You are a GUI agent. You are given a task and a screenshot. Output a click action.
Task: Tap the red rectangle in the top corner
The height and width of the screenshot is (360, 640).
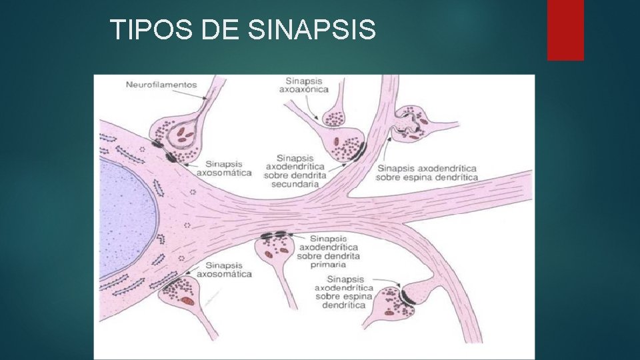[565, 29]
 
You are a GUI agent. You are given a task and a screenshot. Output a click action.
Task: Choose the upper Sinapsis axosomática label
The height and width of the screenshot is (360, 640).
[228, 168]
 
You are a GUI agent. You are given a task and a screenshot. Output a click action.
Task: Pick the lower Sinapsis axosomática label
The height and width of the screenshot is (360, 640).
[229, 270]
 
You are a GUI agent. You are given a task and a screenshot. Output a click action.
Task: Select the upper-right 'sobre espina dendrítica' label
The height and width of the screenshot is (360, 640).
[427, 177]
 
